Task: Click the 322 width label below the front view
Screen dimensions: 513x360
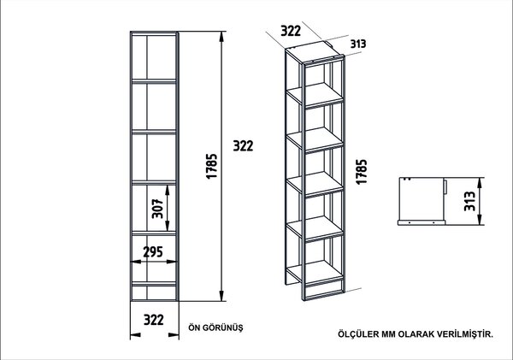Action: tap(154, 320)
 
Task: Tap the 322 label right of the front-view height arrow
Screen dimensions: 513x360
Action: tap(243, 145)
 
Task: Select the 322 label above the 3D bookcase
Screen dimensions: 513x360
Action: tap(291, 31)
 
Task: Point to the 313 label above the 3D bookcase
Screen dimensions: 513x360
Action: tap(358, 44)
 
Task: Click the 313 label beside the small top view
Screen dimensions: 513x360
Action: tap(469, 201)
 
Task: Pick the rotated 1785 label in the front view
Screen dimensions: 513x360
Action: tap(212, 166)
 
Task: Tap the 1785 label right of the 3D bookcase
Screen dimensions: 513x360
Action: tap(362, 172)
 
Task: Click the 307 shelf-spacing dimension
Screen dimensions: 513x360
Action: tap(157, 208)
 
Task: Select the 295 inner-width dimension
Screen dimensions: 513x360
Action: tap(153, 251)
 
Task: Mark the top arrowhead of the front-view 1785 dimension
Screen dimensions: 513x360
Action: tap(221, 36)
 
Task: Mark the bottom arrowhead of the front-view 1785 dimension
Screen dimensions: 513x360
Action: tap(221, 296)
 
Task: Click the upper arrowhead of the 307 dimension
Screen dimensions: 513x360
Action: tap(168, 190)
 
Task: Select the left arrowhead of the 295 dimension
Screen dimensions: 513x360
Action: tap(135, 262)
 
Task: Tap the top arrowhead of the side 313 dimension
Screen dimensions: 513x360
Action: tap(480, 183)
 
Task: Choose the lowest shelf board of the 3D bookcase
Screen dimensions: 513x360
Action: tap(315, 272)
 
